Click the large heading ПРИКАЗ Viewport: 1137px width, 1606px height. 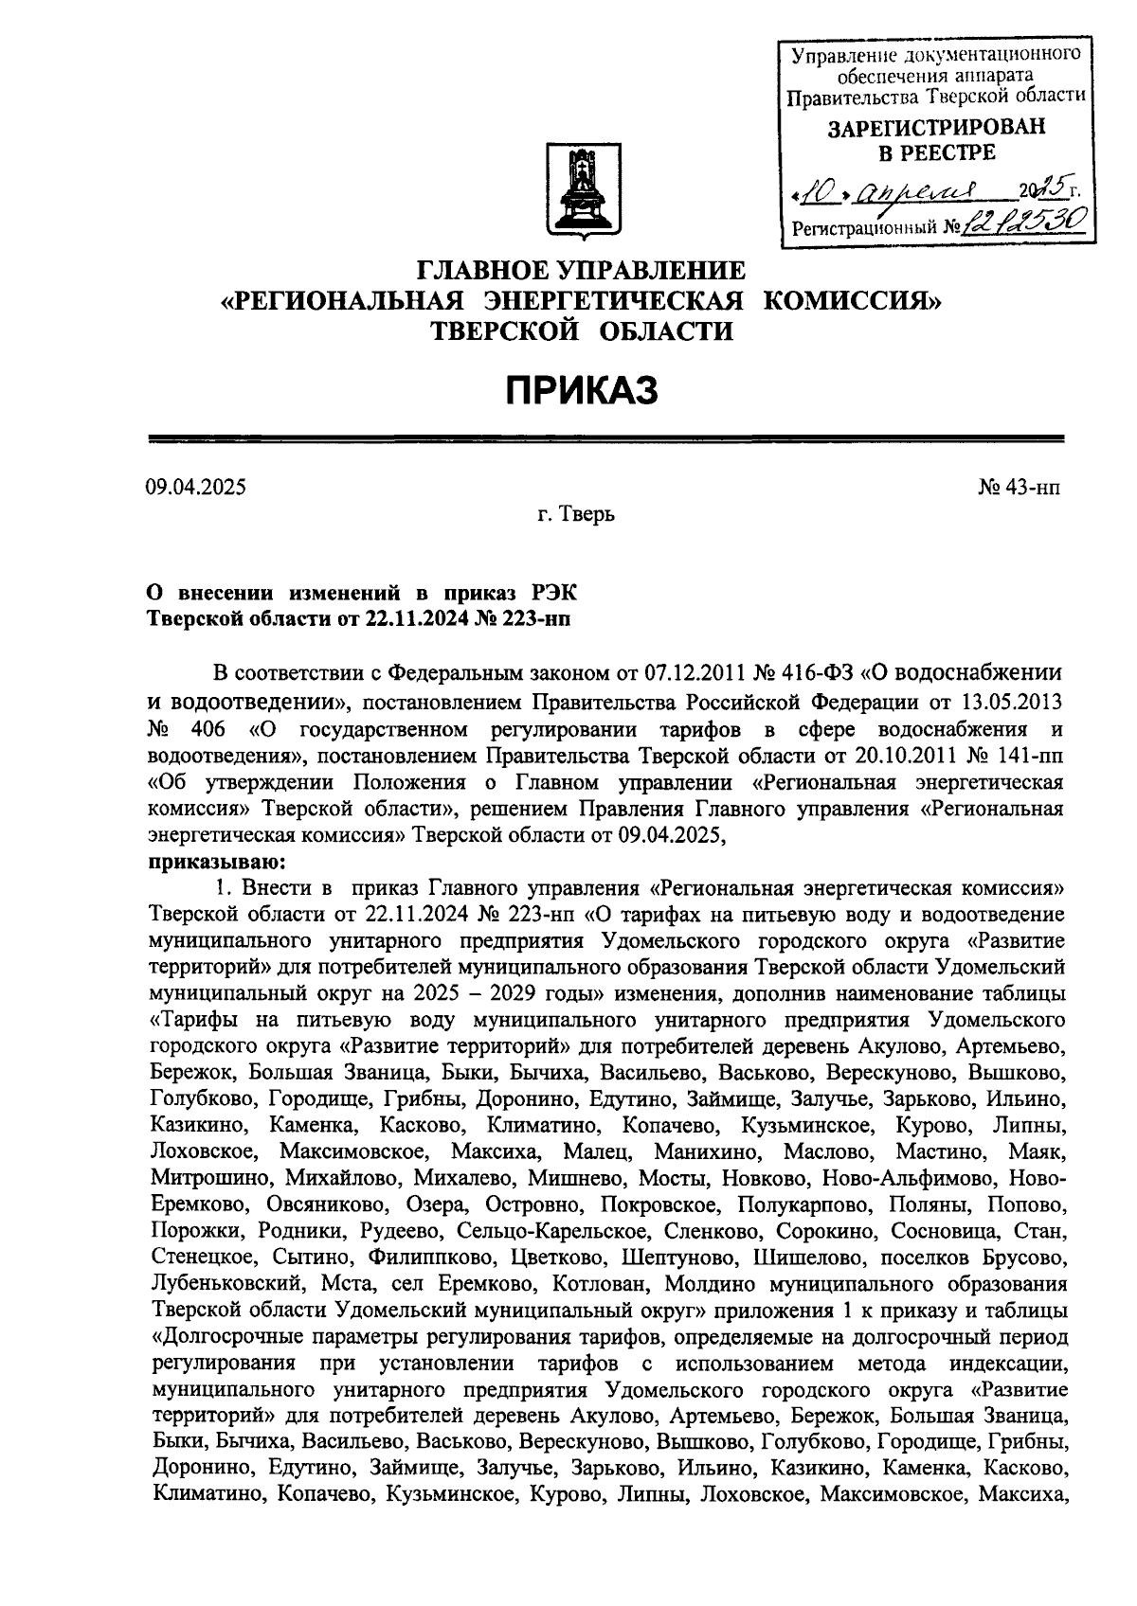coord(580,389)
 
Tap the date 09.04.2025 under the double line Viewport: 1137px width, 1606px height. coord(195,488)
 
